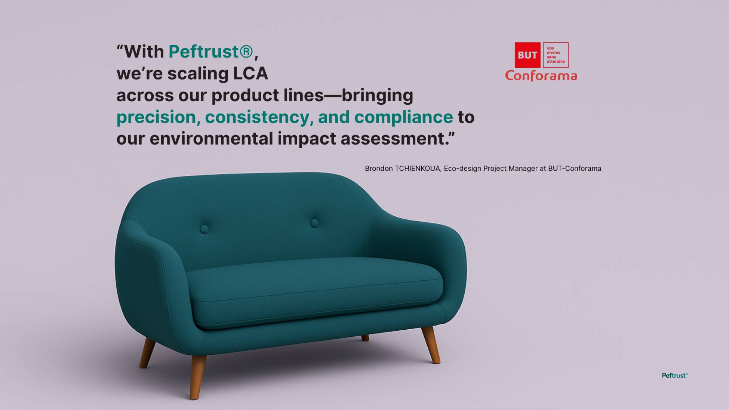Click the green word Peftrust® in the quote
tap(211, 52)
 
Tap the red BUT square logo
tap(527, 55)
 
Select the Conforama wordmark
tap(541, 76)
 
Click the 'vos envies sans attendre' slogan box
tap(556, 55)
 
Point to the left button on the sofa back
tap(204, 229)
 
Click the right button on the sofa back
tap(314, 223)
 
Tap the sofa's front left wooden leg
tap(198, 377)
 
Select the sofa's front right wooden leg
tap(431, 345)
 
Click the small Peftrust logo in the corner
tap(675, 376)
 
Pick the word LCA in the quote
tap(250, 73)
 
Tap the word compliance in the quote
tap(403, 117)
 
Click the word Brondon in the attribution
tap(379, 169)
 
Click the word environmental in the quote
tap(211, 139)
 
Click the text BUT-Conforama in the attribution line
tap(575, 169)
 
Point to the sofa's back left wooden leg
tap(147, 352)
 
